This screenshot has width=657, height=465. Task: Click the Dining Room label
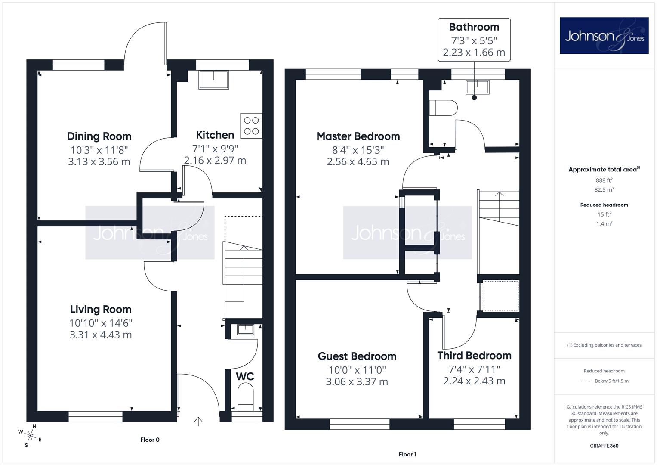[99, 136]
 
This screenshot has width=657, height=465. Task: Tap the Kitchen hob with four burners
[251, 126]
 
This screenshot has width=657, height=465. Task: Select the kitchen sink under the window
[213, 80]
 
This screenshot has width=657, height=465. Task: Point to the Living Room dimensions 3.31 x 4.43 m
[101, 335]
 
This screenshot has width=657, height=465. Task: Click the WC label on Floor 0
[245, 376]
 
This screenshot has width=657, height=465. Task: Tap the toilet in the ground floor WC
[245, 398]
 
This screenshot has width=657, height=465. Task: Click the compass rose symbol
[30, 436]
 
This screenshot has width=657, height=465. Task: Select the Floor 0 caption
[150, 440]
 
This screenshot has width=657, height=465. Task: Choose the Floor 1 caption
[407, 454]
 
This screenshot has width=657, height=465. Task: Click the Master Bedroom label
[358, 136]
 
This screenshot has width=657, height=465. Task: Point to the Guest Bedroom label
[357, 356]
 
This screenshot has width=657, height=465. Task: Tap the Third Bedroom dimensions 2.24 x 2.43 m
[474, 381]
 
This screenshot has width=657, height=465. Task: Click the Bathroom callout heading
[474, 27]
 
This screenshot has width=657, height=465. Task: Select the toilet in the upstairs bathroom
[443, 108]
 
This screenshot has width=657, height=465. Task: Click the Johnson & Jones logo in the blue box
[604, 35]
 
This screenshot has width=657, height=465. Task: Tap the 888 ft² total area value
[604, 180]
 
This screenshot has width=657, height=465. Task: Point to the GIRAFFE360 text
[604, 446]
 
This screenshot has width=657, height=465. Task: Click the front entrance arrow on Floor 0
[198, 422]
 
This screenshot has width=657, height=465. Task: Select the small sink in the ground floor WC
[246, 329]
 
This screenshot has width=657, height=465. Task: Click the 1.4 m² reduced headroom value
[604, 224]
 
